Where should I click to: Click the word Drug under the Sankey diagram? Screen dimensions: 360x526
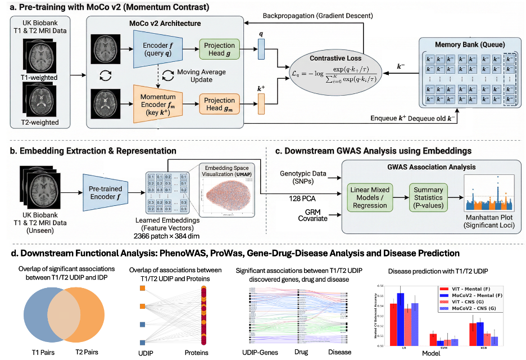(x=300, y=352)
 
